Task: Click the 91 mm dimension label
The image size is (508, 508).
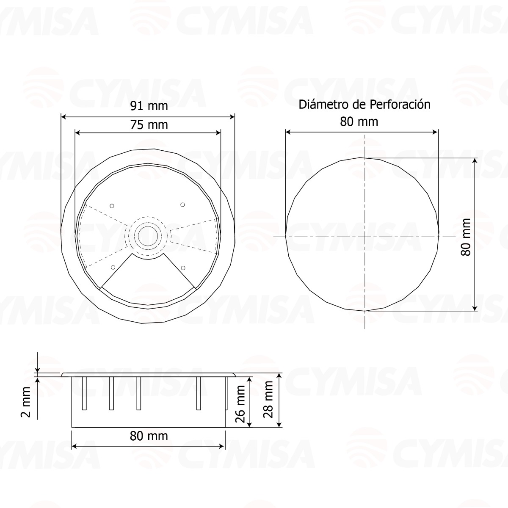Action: (x=149, y=106)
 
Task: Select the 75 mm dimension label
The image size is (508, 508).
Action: (x=149, y=125)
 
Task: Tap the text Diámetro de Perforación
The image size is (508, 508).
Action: (x=364, y=105)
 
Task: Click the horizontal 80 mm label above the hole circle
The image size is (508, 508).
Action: (x=359, y=122)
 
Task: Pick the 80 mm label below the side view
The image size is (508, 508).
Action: (x=149, y=436)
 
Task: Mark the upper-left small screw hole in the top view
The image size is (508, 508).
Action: (x=112, y=206)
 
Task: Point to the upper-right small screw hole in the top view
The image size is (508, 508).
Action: (x=183, y=205)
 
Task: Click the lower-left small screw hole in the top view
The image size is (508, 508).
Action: (x=113, y=267)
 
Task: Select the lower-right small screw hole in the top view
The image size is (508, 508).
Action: (x=183, y=267)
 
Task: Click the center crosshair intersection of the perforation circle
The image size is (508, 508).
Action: (x=365, y=235)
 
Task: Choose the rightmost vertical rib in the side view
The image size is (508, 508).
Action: (x=226, y=393)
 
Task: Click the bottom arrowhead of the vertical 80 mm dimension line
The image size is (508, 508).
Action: (x=475, y=308)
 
